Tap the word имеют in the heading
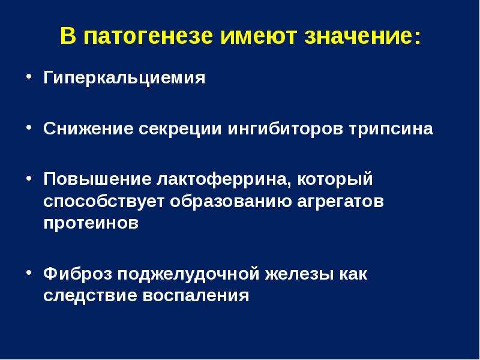(x=259, y=36)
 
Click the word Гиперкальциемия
(x=124, y=78)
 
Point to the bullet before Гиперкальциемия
(x=29, y=76)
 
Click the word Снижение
(x=88, y=128)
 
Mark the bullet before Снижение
(x=29, y=127)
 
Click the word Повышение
(x=97, y=179)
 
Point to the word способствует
(x=104, y=202)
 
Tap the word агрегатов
(x=340, y=202)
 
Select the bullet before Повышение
(x=29, y=178)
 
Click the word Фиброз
(x=78, y=274)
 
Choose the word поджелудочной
(x=188, y=274)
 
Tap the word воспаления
(x=196, y=296)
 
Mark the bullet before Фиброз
(x=29, y=272)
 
